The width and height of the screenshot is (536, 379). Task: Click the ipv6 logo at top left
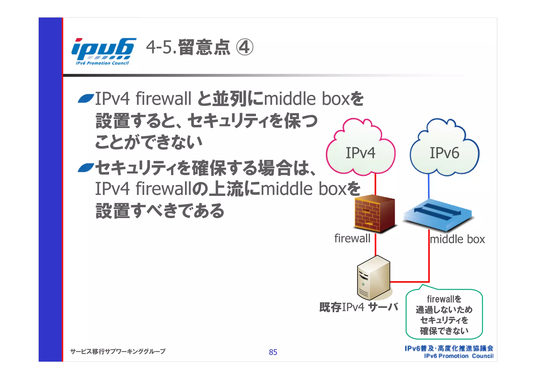(x=103, y=51)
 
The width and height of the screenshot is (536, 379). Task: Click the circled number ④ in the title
(x=245, y=47)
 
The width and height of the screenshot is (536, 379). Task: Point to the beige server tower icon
(x=374, y=278)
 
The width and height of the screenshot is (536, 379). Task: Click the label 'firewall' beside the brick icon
(x=352, y=238)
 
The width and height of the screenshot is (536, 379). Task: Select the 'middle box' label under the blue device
(x=457, y=239)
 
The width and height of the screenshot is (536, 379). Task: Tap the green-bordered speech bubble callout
(x=444, y=314)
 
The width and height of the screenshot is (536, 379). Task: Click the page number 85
(x=273, y=352)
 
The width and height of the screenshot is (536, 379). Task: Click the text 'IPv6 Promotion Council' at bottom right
(x=459, y=356)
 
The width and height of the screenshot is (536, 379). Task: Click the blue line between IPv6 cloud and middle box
(x=428, y=186)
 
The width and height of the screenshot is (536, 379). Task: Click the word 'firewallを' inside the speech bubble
(x=444, y=299)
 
